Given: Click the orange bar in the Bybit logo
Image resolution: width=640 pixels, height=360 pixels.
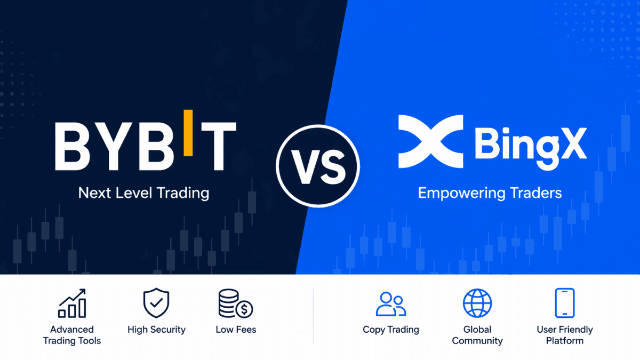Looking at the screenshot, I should (x=188, y=133).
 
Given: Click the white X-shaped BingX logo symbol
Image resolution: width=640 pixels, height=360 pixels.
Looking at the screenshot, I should (x=429, y=141).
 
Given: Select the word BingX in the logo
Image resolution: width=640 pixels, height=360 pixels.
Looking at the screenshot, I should (x=530, y=145).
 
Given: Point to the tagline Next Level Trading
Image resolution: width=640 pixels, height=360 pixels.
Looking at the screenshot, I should (x=143, y=193).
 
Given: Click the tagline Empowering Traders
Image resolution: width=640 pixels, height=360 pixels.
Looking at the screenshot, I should (x=490, y=193).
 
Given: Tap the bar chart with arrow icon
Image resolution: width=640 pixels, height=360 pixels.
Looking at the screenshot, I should (x=72, y=303).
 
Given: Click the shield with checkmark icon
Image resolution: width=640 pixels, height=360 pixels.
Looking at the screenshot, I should (x=156, y=303).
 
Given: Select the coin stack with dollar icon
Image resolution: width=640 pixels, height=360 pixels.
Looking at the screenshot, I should (x=235, y=303).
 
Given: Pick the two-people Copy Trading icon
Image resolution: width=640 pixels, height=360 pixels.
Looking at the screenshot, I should (x=391, y=303).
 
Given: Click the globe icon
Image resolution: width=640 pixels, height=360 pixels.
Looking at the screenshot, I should (x=477, y=303).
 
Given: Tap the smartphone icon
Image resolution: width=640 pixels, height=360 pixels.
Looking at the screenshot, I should (x=564, y=303).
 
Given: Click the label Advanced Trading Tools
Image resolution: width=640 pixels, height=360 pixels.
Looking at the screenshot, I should (x=72, y=335).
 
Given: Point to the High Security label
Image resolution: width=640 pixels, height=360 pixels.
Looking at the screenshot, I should (x=156, y=330).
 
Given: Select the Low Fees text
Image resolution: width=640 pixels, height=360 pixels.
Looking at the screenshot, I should (x=236, y=330).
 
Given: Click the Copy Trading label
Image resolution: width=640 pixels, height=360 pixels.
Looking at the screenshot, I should (x=391, y=330).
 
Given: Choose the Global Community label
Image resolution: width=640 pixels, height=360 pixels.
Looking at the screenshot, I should (x=477, y=335).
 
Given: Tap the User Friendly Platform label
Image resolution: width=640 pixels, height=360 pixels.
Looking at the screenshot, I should (x=564, y=335).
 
